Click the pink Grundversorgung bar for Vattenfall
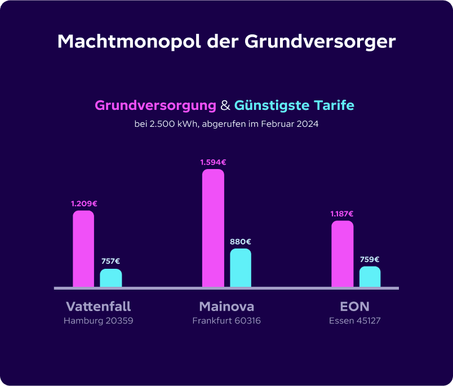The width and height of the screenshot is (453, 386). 83,249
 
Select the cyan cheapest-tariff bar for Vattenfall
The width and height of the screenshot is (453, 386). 111,278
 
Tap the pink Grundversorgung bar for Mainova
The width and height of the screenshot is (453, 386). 213,228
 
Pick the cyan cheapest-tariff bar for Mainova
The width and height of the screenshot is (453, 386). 241,268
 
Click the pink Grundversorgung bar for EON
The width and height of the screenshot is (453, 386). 342,254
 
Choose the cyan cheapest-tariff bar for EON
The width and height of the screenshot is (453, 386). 370,277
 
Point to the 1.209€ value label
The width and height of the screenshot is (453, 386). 83,203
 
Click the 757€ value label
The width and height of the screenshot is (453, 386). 110,261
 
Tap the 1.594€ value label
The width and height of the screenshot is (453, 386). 213,162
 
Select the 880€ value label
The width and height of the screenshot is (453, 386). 241,242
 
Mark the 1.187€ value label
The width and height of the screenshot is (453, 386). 342,214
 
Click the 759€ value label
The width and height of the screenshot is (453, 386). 370,260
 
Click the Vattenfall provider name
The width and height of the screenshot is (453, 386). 98,307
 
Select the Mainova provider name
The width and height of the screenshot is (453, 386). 226,307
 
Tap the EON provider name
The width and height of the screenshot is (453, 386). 355,307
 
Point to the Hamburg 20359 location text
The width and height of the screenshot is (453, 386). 98,321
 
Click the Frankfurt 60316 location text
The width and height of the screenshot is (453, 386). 226,321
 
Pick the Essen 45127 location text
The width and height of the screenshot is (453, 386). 355,321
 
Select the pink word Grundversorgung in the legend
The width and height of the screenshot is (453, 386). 156,105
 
